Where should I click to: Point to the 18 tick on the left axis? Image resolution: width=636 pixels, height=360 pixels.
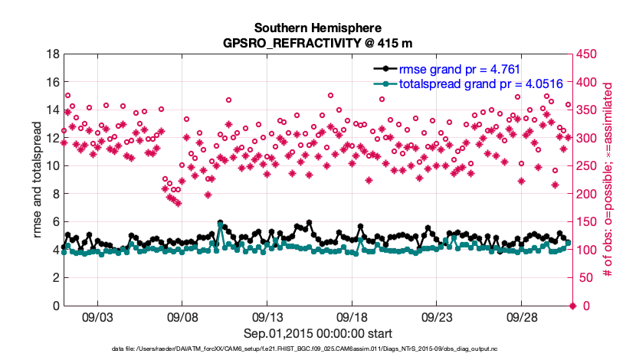point(54,54)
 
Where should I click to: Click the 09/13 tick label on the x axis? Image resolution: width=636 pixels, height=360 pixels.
point(269,317)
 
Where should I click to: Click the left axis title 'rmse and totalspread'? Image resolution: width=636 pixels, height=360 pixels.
point(38,180)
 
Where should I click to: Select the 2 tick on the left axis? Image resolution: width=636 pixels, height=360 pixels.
point(57,278)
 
